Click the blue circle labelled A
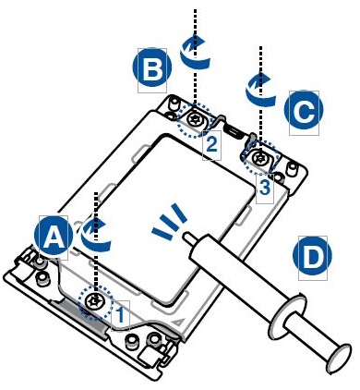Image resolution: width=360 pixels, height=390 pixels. (54, 236)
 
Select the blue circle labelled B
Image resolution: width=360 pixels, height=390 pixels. (152, 67)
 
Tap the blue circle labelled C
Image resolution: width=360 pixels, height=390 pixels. (304, 110)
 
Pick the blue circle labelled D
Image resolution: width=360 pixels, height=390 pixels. (312, 255)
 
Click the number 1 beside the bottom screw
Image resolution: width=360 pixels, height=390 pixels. (121, 314)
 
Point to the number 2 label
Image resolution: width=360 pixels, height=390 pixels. (211, 144)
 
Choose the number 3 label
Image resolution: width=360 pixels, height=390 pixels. (265, 188)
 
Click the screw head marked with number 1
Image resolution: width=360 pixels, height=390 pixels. (94, 301)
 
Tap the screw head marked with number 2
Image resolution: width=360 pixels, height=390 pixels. (196, 118)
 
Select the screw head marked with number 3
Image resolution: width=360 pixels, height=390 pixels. (260, 158)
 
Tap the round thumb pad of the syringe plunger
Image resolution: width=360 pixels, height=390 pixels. (340, 359)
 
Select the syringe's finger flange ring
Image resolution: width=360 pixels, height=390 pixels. (288, 316)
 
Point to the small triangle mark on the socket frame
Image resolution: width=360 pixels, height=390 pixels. (177, 323)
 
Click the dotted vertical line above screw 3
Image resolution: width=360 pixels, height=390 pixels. (260, 99)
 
